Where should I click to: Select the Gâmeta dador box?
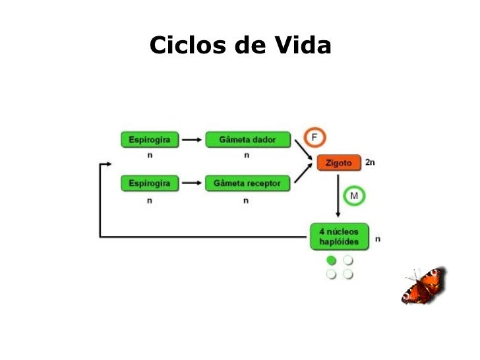(247, 140)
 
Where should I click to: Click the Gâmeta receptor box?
(247, 183)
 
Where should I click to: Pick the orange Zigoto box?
(339, 162)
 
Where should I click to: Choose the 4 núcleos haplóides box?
(340, 237)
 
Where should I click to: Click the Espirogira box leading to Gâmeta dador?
(150, 140)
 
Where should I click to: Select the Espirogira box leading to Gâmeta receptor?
(150, 183)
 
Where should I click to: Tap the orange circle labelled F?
(315, 137)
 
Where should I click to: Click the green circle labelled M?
(354, 196)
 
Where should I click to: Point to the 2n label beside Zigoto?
(370, 162)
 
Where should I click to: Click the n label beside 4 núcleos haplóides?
(378, 239)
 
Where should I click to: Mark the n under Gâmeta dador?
(247, 156)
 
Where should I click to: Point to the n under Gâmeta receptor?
(246, 200)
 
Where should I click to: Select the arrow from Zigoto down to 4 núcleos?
(338, 196)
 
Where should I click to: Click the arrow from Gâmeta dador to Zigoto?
(303, 151)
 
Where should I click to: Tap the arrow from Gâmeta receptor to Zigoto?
(303, 173)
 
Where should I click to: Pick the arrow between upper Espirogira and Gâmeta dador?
(191, 140)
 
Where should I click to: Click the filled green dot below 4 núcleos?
(332, 260)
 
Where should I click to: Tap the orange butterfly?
(424, 285)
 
